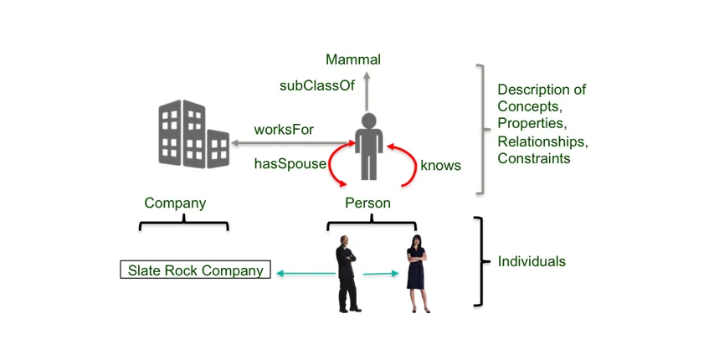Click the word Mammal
(x=353, y=59)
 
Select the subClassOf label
(x=317, y=85)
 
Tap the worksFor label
(x=284, y=129)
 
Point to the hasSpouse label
(x=290, y=164)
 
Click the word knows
(x=440, y=165)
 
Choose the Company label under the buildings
(x=175, y=203)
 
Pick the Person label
(x=367, y=203)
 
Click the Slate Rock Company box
(x=195, y=270)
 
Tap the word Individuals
(x=532, y=261)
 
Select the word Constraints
(x=534, y=158)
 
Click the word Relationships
(x=542, y=141)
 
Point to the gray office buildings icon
(x=193, y=133)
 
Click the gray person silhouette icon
(x=368, y=146)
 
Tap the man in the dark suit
(x=347, y=274)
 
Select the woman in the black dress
(x=417, y=274)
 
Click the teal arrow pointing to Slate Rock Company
(x=306, y=274)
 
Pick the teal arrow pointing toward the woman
(x=381, y=274)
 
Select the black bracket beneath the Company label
(x=184, y=224)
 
